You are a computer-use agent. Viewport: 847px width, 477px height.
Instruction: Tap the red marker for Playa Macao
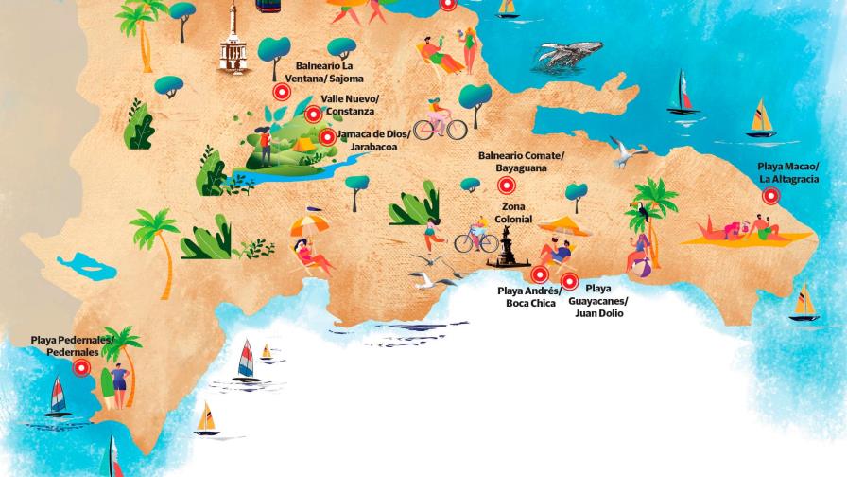(x=771, y=196)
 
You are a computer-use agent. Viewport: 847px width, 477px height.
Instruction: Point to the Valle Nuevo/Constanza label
(x=350, y=104)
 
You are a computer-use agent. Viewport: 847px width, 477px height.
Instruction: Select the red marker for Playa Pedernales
(x=81, y=368)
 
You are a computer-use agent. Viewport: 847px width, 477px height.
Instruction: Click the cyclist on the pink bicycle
(x=439, y=117)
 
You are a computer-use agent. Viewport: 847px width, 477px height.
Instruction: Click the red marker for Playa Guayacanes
(x=569, y=280)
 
